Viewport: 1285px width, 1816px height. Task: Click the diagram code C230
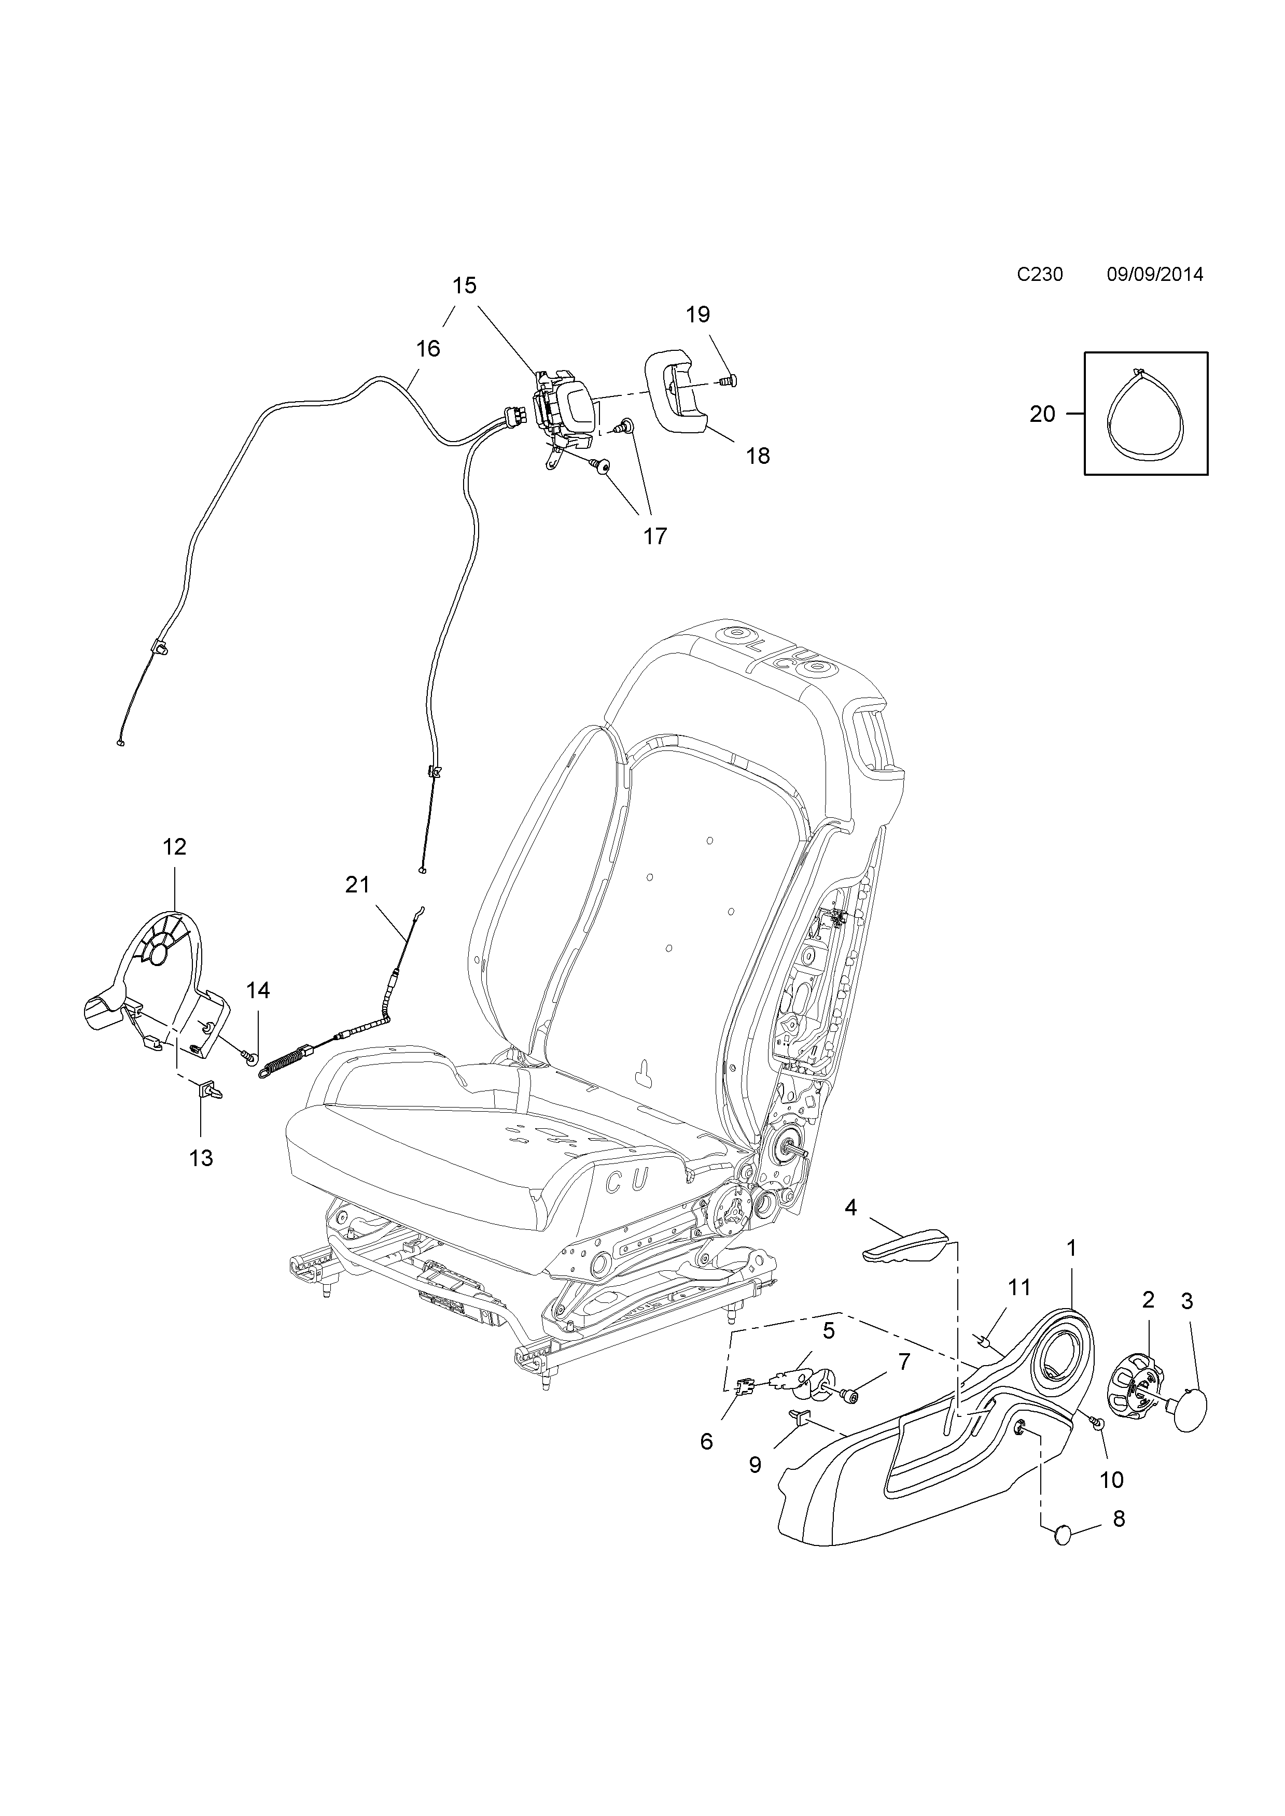1040,275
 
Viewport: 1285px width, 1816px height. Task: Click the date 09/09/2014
1154,275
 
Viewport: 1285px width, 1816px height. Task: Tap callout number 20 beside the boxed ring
1042,414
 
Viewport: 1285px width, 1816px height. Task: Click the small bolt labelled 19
729,380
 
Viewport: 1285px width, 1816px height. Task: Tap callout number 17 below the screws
654,536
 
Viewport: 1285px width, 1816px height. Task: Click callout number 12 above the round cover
174,846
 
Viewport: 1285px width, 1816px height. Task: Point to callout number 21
358,884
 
